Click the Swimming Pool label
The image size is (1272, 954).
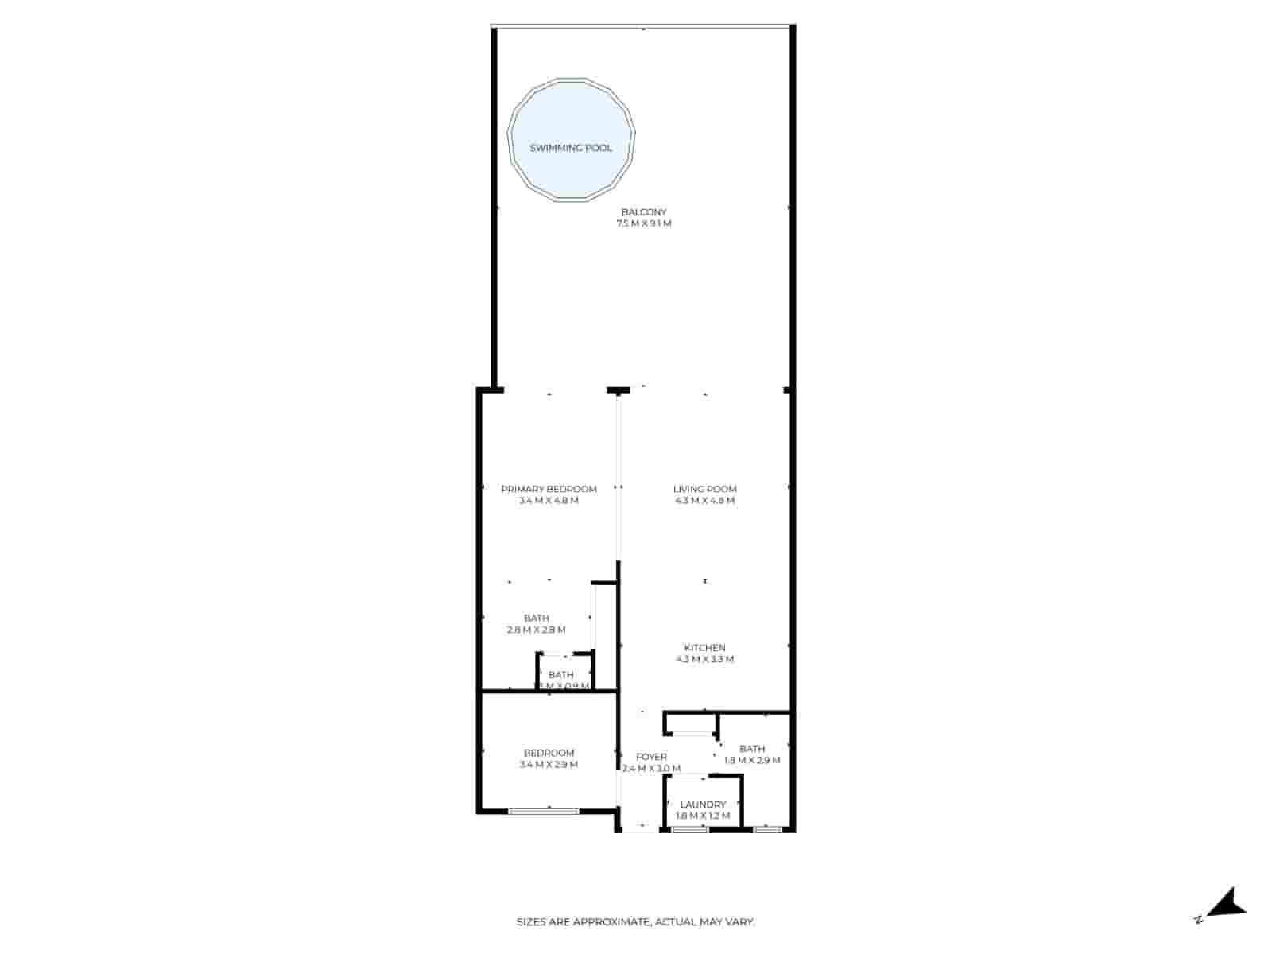[x=571, y=148]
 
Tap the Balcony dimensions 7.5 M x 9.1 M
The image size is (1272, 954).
[x=644, y=224]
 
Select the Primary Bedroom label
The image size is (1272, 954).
[x=549, y=489]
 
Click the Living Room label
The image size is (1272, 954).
[x=704, y=489]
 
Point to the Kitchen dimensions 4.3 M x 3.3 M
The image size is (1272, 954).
[x=704, y=660]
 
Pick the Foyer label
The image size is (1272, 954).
[x=651, y=757]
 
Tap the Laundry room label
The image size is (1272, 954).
[x=703, y=805]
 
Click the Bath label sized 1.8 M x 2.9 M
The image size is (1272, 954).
[x=752, y=749]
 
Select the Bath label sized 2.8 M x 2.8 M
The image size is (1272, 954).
[x=537, y=619]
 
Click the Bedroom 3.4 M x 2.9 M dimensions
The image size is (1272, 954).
[x=549, y=765]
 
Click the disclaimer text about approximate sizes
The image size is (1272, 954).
[x=636, y=922]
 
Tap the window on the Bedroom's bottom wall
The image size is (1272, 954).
[x=544, y=811]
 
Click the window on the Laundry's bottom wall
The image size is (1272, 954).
[x=689, y=830]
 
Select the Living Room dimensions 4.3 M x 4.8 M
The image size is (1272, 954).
[x=704, y=501]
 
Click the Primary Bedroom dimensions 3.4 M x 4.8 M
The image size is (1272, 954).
[x=549, y=501]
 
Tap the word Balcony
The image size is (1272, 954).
[x=644, y=212]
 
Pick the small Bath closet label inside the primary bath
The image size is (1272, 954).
[x=561, y=676]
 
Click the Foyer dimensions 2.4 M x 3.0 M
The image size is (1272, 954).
[x=651, y=769]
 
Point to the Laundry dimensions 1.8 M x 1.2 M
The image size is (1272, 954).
[x=703, y=816]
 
